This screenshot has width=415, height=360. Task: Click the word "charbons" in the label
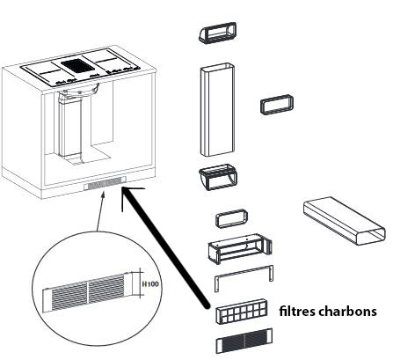(x=348, y=311)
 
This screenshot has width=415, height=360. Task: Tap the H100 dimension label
(x=150, y=284)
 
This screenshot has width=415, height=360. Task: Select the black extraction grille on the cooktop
(x=77, y=64)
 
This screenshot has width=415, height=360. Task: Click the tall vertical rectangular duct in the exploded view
(x=217, y=110)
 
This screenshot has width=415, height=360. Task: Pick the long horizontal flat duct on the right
(x=345, y=221)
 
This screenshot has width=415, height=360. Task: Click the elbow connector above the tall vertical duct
(x=218, y=33)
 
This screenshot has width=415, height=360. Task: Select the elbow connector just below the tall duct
(x=218, y=177)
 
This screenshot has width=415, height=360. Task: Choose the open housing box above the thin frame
(x=240, y=248)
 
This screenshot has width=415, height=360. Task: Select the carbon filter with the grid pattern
(x=242, y=312)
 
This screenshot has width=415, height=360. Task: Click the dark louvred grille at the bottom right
(x=244, y=341)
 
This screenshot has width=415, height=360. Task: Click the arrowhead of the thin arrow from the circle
(x=103, y=194)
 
